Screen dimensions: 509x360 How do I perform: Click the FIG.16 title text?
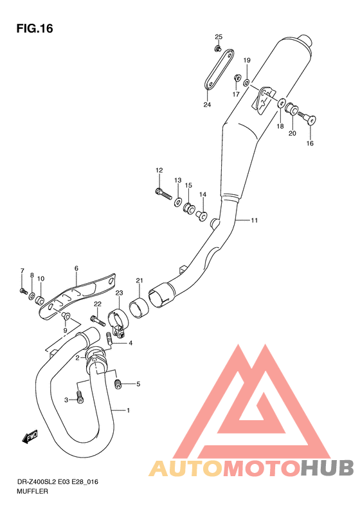click(33, 28)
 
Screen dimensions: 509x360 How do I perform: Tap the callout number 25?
click(218, 37)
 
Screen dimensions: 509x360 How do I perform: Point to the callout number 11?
click(255, 221)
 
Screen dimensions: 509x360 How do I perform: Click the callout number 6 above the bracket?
click(76, 268)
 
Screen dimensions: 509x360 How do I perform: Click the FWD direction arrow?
click(30, 438)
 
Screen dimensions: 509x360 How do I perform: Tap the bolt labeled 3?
click(79, 398)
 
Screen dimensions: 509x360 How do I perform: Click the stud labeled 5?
click(118, 384)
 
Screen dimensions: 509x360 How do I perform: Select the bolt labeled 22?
click(96, 317)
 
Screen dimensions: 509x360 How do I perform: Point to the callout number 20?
click(292, 133)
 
